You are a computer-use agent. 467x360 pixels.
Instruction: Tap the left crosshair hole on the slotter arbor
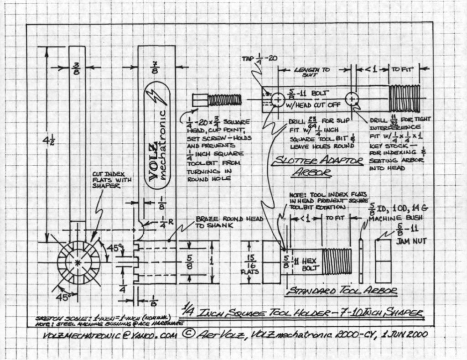pos(277,99)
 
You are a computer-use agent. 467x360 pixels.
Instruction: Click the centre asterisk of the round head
pos(79,262)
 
